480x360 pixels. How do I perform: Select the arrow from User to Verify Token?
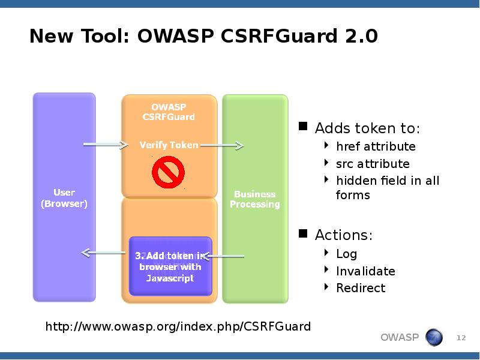pos(106,145)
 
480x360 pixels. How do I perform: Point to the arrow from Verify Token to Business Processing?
pos(222,145)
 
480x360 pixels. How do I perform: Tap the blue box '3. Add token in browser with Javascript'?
pos(170,267)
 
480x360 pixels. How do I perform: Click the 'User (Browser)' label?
pos(64,198)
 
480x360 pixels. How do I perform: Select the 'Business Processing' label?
pos(255,199)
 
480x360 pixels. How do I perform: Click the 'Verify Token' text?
pos(169,145)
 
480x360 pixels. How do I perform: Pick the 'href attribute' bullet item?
pos(376,146)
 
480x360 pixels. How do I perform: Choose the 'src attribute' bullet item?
pos(373,164)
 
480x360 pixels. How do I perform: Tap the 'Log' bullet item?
pos(347,254)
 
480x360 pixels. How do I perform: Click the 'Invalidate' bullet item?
pos(365,271)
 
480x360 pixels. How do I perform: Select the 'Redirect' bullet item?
pos(361,288)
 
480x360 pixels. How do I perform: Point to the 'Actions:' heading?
pos(344,235)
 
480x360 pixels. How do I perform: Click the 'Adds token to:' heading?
pos(367,128)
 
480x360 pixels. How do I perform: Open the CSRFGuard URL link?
pos(178,326)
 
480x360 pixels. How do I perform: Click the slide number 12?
pos(461,338)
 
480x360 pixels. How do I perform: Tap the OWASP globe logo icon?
pos(434,338)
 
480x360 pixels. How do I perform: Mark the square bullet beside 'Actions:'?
pos(303,233)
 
